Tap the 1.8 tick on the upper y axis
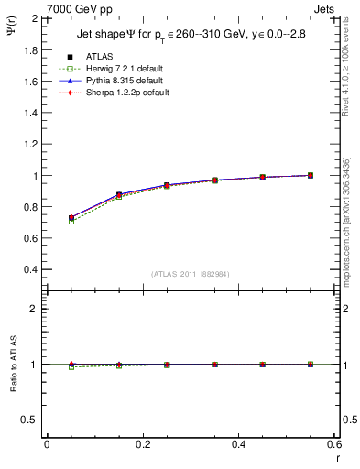[28, 49]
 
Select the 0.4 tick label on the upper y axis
[28, 270]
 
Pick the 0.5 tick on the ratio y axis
[28, 420]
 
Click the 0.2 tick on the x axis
[142, 443]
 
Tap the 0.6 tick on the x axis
[334, 443]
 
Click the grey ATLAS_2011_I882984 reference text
[191, 274]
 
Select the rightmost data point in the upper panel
[311, 175]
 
